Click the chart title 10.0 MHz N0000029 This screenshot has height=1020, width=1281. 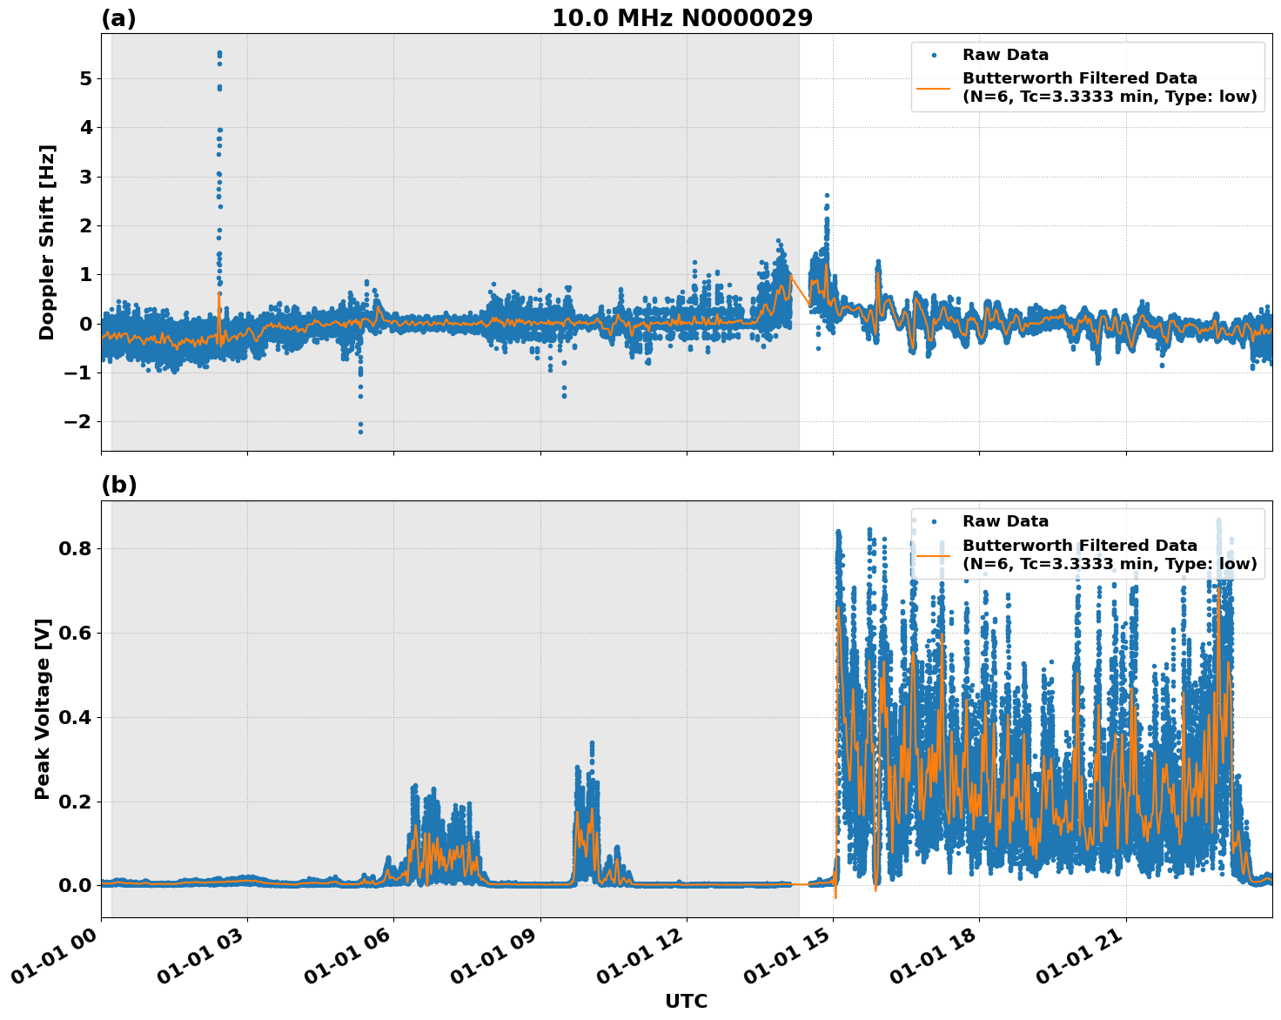(681, 18)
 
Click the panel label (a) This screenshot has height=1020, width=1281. (118, 18)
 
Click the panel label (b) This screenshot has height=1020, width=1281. (118, 485)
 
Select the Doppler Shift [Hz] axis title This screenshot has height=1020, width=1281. (47, 242)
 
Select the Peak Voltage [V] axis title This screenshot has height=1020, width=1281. (43, 708)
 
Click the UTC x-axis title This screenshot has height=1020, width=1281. (686, 1001)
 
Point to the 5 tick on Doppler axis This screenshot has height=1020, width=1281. (85, 79)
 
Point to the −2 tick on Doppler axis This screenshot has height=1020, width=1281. (79, 422)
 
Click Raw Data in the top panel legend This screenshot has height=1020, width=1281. (1005, 56)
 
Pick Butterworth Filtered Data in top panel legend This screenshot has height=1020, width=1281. (1079, 78)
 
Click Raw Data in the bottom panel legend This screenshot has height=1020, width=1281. (1005, 522)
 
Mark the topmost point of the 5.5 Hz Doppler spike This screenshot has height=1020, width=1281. (219, 53)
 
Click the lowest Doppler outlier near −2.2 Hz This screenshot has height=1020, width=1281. (360, 432)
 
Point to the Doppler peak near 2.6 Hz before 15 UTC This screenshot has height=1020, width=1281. (827, 196)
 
